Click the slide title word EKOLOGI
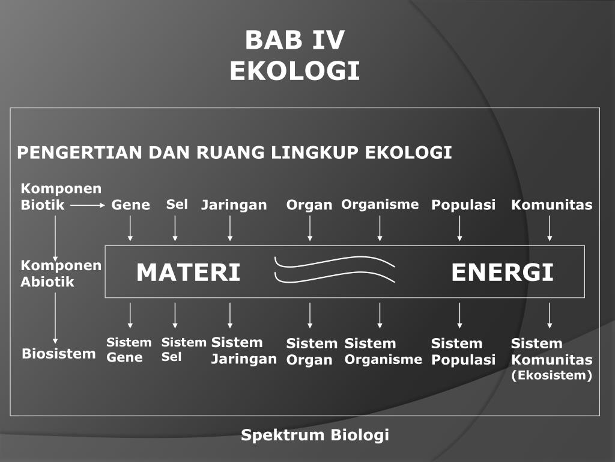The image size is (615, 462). [294, 71]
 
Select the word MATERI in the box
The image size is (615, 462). [188, 273]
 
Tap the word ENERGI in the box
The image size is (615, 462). [502, 273]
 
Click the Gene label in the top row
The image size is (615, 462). [130, 205]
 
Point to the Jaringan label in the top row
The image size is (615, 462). [234, 205]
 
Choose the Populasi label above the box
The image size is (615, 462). [463, 205]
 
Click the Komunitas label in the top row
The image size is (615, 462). [551, 205]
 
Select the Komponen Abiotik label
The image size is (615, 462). [61, 274]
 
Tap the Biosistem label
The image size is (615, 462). [59, 353]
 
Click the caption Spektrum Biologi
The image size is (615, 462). [315, 435]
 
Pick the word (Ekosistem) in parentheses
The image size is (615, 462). [551, 376]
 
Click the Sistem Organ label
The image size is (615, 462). [311, 352]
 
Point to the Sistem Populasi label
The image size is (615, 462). [463, 352]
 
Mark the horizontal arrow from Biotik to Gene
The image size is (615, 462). [88, 205]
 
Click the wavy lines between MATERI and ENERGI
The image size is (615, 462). [335, 269]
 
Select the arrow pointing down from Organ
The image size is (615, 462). [310, 228]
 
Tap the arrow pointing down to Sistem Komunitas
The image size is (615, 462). [550, 315]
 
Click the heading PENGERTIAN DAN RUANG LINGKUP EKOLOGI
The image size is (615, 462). [234, 153]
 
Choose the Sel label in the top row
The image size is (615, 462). [177, 205]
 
